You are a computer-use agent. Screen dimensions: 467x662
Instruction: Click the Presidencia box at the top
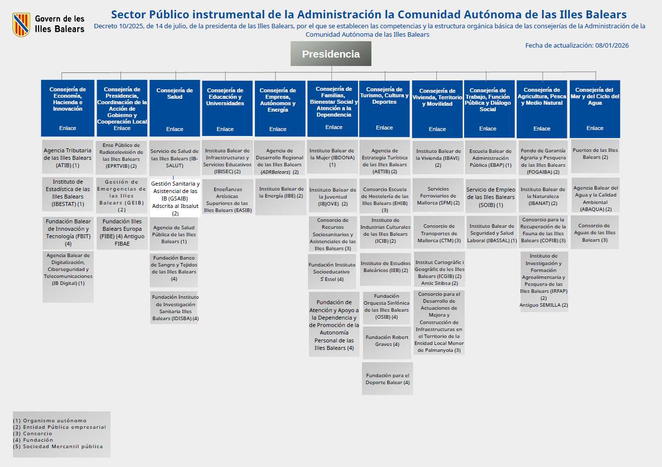click(331, 54)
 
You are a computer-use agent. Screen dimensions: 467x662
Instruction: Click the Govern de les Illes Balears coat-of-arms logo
click(21, 25)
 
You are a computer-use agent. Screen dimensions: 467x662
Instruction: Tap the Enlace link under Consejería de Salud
click(175, 129)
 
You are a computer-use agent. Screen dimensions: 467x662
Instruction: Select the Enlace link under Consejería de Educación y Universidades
click(225, 129)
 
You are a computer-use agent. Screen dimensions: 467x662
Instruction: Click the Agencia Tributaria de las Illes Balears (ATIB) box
click(67, 158)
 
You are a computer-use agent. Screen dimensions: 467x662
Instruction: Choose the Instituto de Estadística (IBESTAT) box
click(68, 193)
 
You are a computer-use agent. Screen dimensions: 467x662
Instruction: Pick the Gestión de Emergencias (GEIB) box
click(121, 196)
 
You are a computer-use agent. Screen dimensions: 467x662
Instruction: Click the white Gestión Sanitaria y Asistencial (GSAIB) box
click(176, 198)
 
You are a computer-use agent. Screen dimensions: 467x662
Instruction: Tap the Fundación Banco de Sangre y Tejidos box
click(174, 268)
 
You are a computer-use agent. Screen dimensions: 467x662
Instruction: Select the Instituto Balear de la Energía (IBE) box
click(281, 193)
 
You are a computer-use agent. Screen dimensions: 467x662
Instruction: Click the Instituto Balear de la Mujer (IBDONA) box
click(332, 157)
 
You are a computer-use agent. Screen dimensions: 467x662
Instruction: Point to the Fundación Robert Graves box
click(387, 340)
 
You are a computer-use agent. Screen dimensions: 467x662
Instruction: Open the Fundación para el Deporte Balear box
click(387, 379)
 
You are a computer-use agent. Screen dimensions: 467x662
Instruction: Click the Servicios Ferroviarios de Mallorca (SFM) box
click(438, 196)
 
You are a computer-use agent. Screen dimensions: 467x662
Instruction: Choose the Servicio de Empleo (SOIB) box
click(491, 197)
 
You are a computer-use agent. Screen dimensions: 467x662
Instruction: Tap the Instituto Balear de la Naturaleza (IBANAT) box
click(543, 196)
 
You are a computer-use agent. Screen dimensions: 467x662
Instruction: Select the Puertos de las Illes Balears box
click(595, 154)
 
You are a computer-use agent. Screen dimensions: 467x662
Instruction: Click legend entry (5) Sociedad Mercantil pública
click(58, 447)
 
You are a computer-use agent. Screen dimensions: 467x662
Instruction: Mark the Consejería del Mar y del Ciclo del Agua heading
click(595, 96)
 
